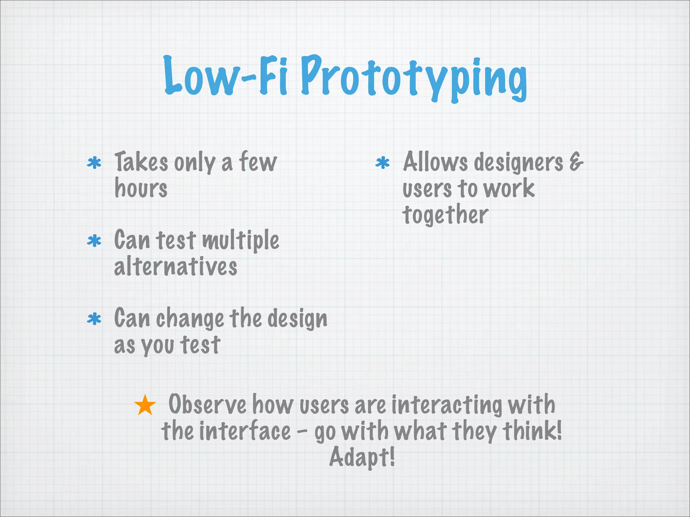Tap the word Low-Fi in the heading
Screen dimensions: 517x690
[x=226, y=76]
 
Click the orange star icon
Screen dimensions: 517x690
[x=145, y=405]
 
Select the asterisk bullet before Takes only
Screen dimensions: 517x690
[x=94, y=163]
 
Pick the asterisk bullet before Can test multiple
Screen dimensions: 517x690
[x=94, y=241]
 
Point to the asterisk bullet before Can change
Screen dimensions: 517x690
[x=94, y=319]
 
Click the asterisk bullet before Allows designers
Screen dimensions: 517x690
[x=382, y=163]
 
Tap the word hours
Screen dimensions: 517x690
[x=141, y=188]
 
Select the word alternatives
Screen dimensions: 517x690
[x=176, y=267]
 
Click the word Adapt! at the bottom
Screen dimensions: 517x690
[x=362, y=457]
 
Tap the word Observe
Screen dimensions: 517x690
[x=207, y=405]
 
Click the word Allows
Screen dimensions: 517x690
[x=435, y=162]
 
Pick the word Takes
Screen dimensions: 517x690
[x=141, y=162]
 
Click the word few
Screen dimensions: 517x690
[x=258, y=162]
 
